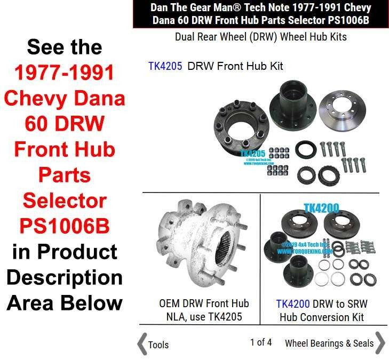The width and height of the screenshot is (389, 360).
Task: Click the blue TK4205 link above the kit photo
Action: tap(165, 66)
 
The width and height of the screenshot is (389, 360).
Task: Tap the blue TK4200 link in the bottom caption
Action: tap(292, 304)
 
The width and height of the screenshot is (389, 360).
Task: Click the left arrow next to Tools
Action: tap(142, 343)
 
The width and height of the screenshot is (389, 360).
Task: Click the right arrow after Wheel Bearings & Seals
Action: tap(380, 343)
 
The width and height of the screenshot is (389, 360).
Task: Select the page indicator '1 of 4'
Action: tap(261, 342)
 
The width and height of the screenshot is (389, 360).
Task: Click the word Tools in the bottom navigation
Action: tap(158, 345)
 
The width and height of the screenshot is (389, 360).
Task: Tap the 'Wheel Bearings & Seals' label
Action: tap(329, 343)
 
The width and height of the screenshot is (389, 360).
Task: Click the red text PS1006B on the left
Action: tap(65, 226)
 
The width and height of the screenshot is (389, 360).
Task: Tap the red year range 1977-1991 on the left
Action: tap(65, 73)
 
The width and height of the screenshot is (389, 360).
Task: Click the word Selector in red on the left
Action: tap(65, 201)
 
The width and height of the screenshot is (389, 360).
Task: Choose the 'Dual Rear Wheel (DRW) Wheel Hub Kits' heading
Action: tap(261, 37)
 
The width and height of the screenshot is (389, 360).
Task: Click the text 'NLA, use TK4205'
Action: tap(204, 317)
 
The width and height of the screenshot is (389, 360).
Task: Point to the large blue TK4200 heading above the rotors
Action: tap(321, 207)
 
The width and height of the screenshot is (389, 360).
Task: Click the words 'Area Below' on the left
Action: tap(65, 302)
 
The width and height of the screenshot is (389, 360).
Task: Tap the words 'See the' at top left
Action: tap(65, 47)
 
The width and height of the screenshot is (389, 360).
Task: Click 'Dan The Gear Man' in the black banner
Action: tap(181, 8)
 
